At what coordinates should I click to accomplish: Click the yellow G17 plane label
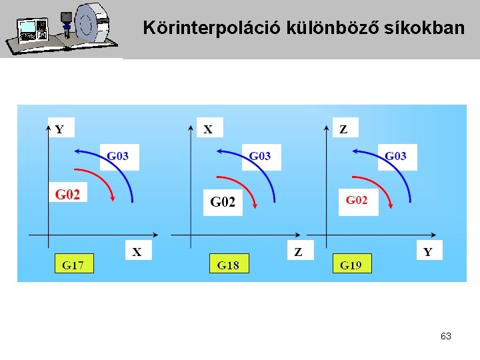(73, 264)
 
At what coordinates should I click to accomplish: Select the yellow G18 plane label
(229, 264)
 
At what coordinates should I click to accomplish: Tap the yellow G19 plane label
(351, 264)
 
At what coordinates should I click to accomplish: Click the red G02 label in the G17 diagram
(67, 195)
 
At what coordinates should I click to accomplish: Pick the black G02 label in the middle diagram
(223, 201)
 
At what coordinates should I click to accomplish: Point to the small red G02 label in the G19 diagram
(357, 200)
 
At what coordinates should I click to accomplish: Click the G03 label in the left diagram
(118, 157)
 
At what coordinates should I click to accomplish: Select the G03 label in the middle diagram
(260, 157)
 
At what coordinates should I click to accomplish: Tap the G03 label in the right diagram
(395, 157)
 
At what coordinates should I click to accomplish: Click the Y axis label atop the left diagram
(60, 129)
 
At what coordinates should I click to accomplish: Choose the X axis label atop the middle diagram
(209, 129)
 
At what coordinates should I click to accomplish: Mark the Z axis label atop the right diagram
(344, 129)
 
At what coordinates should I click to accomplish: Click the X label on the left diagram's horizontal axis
(137, 251)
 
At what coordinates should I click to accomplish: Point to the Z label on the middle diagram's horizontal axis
(299, 251)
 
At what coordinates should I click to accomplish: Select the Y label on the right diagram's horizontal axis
(428, 251)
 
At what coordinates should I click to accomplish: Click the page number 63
(446, 337)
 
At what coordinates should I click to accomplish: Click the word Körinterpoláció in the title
(213, 28)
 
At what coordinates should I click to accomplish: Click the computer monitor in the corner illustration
(29, 30)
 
